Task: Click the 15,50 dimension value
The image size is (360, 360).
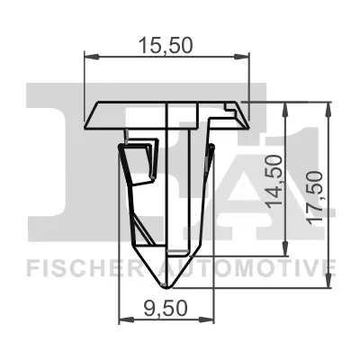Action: [165, 45]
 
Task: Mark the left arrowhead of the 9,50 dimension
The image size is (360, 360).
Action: [124, 319]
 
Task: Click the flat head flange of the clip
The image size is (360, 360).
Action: [126, 115]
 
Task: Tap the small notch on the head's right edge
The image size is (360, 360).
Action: [236, 110]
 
